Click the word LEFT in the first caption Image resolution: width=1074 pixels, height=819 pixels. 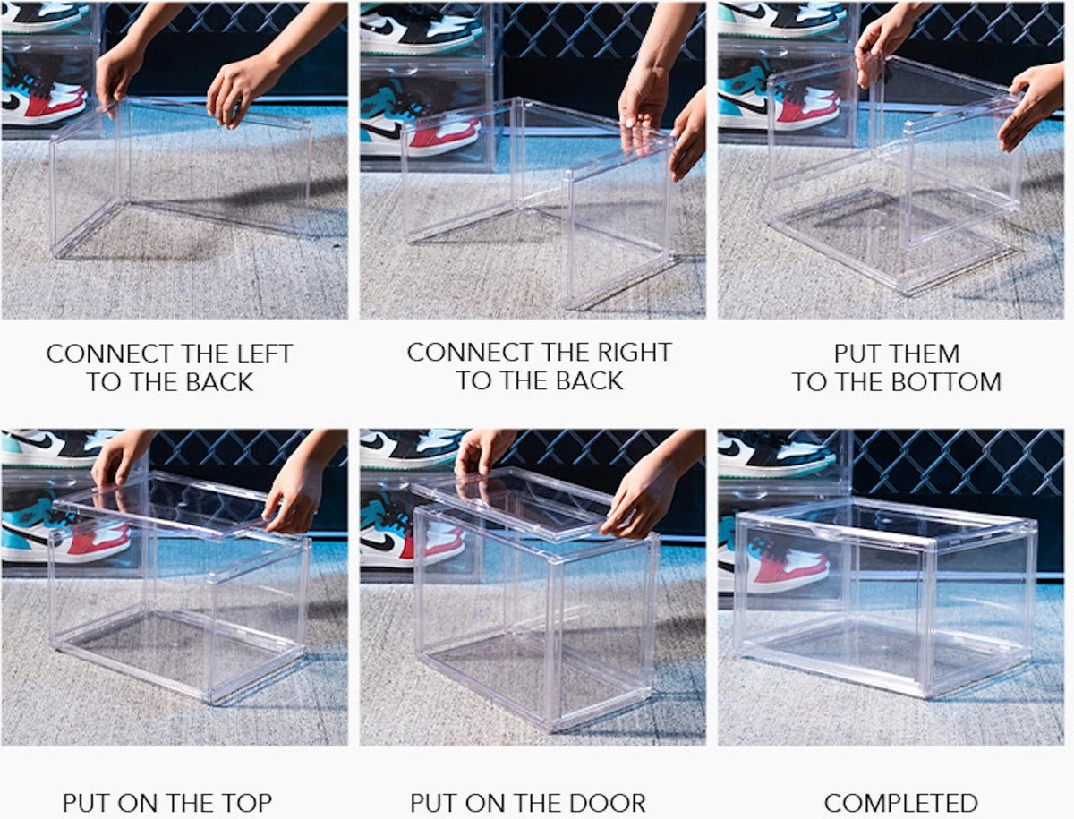[265, 354]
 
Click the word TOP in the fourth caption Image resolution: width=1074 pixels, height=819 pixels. [246, 803]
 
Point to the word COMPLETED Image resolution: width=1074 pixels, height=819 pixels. [901, 804]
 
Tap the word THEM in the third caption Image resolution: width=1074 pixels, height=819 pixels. [922, 354]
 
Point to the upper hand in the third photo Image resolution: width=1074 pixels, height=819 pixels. [881, 44]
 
